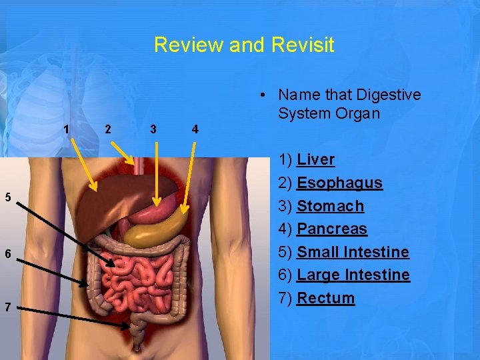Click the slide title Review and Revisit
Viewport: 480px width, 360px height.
pos(244,45)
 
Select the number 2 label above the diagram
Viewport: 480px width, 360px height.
pos(108,129)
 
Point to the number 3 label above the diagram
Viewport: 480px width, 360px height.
pos(153,129)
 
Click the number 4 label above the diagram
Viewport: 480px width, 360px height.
pos(195,129)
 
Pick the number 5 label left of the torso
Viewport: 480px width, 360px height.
pos(7,197)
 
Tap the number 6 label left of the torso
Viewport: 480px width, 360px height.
pos(7,253)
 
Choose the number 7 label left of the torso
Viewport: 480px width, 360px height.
pos(7,307)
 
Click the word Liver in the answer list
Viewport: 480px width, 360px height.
pos(315,159)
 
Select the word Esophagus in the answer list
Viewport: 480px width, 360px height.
pos(339,183)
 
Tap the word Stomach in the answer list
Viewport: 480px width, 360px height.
pos(330,206)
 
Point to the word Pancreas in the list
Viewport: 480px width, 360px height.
pos(331,229)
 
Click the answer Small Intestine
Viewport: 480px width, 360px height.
pos(353,252)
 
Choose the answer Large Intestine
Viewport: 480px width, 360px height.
pos(353,275)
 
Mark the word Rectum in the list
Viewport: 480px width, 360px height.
pos(325,298)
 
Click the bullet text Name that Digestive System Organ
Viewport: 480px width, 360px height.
pos(349,104)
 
